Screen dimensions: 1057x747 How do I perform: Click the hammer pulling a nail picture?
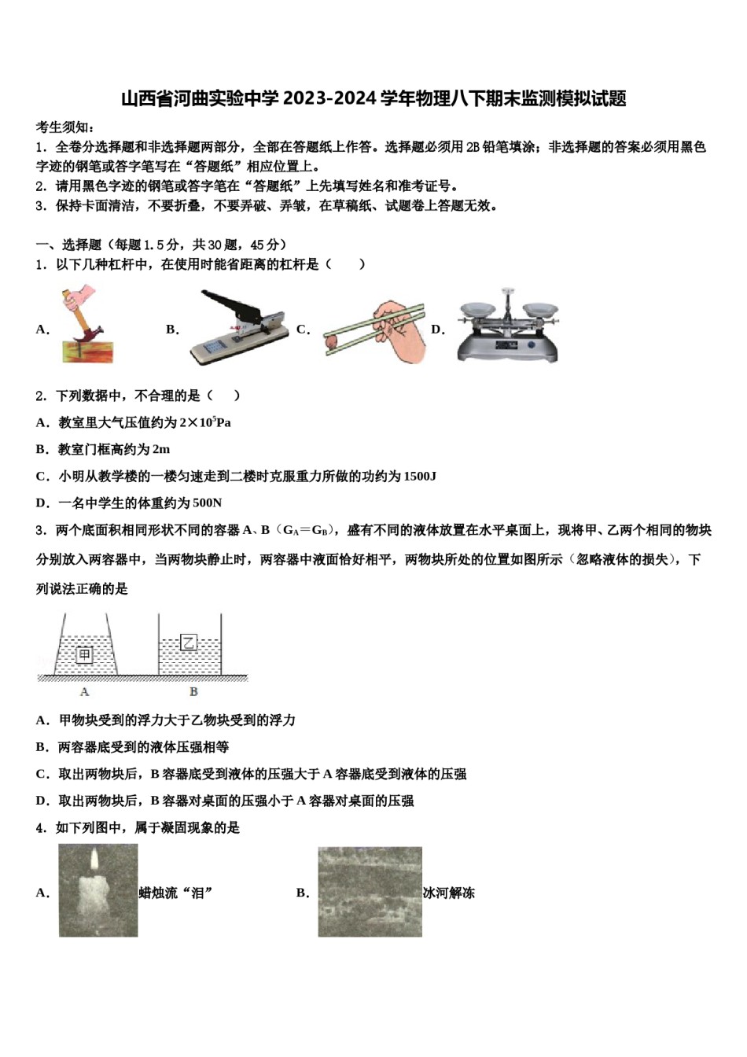pyautogui.click(x=86, y=325)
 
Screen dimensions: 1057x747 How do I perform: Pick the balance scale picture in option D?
pyautogui.click(x=508, y=325)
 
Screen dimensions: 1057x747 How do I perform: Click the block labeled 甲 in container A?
pyautogui.click(x=85, y=654)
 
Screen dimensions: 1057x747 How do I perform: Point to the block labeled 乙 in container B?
pyautogui.click(x=189, y=643)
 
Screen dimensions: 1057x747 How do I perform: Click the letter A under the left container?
pyautogui.click(x=85, y=692)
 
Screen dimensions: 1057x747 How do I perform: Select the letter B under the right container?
pyautogui.click(x=193, y=692)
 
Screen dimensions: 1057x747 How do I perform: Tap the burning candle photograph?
pyautogui.click(x=98, y=890)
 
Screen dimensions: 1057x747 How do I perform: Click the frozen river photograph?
pyautogui.click(x=370, y=892)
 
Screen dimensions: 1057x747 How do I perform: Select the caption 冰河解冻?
pyautogui.click(x=449, y=893)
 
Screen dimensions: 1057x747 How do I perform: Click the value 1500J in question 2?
pyautogui.click(x=420, y=477)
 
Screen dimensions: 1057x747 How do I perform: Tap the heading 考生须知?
pyautogui.click(x=66, y=127)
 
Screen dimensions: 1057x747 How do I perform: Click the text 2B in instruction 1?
pyautogui.click(x=473, y=147)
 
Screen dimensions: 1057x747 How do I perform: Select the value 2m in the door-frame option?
pyautogui.click(x=160, y=450)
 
